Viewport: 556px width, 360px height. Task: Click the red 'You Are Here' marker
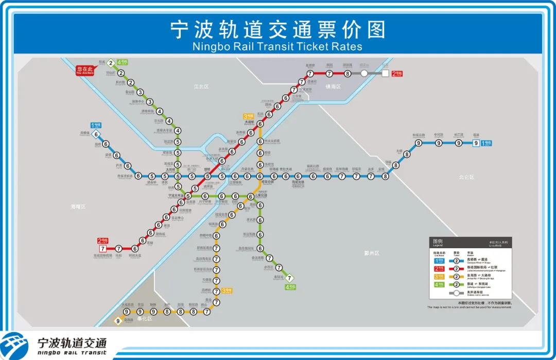click(85, 71)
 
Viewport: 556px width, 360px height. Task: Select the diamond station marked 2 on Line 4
click(110, 63)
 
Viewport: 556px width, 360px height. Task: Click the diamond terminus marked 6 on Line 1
click(95, 135)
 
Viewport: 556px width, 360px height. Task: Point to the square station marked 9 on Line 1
click(477, 143)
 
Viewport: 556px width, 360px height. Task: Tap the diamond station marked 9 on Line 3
click(118, 321)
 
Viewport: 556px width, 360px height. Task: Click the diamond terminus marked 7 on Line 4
click(290, 278)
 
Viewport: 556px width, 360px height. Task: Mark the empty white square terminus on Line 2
click(385, 73)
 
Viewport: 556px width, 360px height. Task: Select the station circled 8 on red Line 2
click(347, 74)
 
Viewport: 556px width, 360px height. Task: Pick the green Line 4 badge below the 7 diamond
click(290, 287)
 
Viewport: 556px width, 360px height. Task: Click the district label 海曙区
click(78, 207)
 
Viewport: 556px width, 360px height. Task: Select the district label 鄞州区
click(371, 253)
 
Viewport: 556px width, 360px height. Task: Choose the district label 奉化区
click(145, 319)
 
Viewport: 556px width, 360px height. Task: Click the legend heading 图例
click(438, 241)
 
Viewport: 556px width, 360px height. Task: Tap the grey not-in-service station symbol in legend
click(456, 293)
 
